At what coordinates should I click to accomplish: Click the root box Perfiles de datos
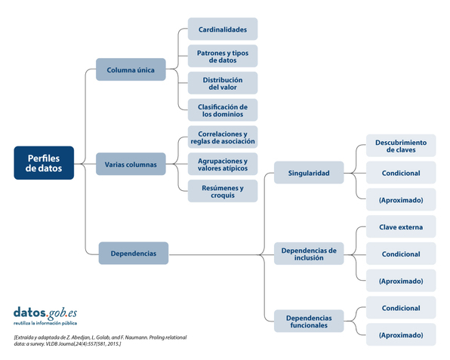(44, 163)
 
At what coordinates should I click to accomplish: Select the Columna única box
(131, 69)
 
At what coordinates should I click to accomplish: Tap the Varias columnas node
(131, 164)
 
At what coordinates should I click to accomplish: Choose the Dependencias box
(134, 253)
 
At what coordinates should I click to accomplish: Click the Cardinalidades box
(223, 29)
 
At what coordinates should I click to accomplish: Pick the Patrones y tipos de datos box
(223, 56)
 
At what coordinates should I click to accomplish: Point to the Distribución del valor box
(223, 83)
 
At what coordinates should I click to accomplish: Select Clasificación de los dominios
(223, 110)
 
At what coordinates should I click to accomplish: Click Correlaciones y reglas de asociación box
(223, 137)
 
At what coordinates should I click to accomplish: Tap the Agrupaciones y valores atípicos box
(223, 164)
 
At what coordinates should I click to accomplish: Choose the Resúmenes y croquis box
(223, 191)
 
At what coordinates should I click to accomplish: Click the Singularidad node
(309, 172)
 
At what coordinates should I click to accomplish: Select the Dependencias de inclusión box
(309, 254)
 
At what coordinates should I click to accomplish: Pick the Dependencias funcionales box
(309, 321)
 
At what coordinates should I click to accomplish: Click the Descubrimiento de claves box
(401, 146)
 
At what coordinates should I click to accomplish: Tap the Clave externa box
(401, 226)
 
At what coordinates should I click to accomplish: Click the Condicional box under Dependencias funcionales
(401, 307)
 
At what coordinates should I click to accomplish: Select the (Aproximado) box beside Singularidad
(401, 199)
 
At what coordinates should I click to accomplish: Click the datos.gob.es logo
(45, 315)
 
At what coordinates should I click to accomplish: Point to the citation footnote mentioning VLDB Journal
(100, 340)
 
